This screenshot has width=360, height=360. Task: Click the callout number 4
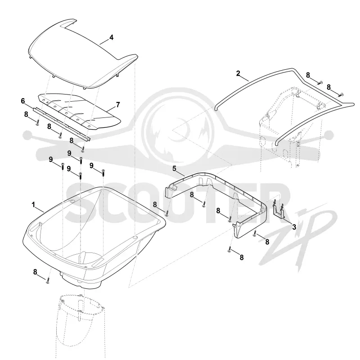(111, 37)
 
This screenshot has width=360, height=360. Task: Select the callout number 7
(118, 105)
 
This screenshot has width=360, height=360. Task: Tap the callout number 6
(23, 101)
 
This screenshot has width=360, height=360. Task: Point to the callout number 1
(33, 205)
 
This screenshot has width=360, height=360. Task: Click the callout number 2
(238, 73)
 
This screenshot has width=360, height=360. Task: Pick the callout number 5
(174, 168)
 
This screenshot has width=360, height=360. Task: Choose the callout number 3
(294, 227)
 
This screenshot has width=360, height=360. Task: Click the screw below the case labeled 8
(48, 280)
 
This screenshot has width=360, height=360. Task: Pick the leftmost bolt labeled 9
(63, 166)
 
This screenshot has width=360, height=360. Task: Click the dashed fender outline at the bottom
(81, 326)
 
